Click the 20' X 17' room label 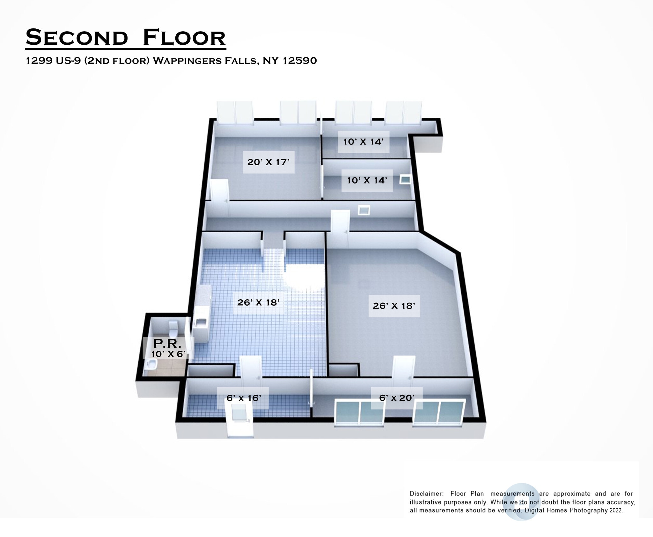coord(268,162)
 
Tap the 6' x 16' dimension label coord(243,398)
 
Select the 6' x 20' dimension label coord(397,398)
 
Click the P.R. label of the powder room coord(167,344)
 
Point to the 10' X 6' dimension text coord(168,354)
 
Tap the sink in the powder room coord(151,364)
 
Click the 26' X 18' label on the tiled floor coord(258,302)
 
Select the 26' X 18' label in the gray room coord(394,306)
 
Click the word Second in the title coord(77,38)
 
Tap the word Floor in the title coord(184,38)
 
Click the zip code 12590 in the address coord(300,61)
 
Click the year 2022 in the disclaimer coord(616,510)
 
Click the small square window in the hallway coord(364,210)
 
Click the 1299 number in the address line coord(39,61)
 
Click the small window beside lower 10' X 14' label coord(405,180)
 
